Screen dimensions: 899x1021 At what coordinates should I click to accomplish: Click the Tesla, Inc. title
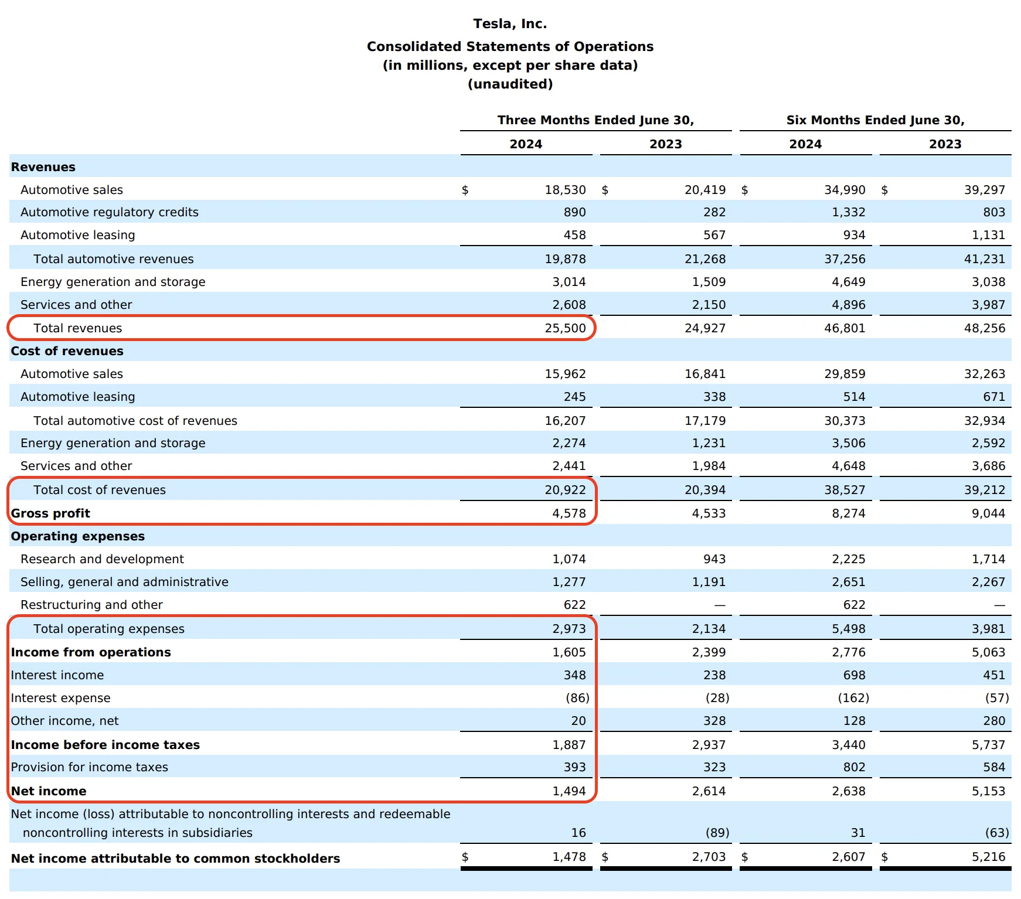pyautogui.click(x=510, y=24)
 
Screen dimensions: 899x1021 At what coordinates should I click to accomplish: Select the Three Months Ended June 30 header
pyautogui.click(x=595, y=120)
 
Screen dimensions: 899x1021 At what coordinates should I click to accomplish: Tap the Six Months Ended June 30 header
pyautogui.click(x=875, y=120)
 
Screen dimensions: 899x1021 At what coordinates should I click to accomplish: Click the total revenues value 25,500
pyautogui.click(x=565, y=328)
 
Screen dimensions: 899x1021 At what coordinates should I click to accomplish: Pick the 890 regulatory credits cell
pyautogui.click(x=574, y=212)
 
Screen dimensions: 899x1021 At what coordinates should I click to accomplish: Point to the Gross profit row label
pyautogui.click(x=51, y=513)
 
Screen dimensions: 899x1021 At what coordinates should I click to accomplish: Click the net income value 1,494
pyautogui.click(x=569, y=791)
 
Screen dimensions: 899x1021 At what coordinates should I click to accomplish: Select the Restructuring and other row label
pyautogui.click(x=91, y=605)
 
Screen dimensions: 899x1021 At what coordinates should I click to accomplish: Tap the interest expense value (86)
pyautogui.click(x=577, y=698)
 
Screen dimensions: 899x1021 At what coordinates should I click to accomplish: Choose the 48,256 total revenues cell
pyautogui.click(x=984, y=328)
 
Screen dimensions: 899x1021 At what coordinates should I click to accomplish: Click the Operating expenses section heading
pyautogui.click(x=78, y=536)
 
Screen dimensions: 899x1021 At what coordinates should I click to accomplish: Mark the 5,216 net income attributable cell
pyautogui.click(x=988, y=857)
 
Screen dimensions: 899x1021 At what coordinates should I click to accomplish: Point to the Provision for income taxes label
pyautogui.click(x=89, y=767)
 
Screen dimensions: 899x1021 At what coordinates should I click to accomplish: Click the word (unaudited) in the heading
pyautogui.click(x=510, y=84)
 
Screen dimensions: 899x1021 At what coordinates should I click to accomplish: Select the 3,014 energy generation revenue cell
pyautogui.click(x=569, y=282)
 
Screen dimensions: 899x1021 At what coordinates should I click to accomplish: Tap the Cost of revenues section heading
pyautogui.click(x=67, y=351)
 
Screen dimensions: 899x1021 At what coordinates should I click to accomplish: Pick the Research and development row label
pyautogui.click(x=102, y=559)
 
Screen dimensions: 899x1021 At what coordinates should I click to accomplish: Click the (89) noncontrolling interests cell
pyautogui.click(x=717, y=833)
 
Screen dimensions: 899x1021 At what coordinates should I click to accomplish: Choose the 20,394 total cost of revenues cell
pyautogui.click(x=705, y=490)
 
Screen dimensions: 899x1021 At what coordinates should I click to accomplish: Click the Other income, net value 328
pyautogui.click(x=714, y=721)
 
